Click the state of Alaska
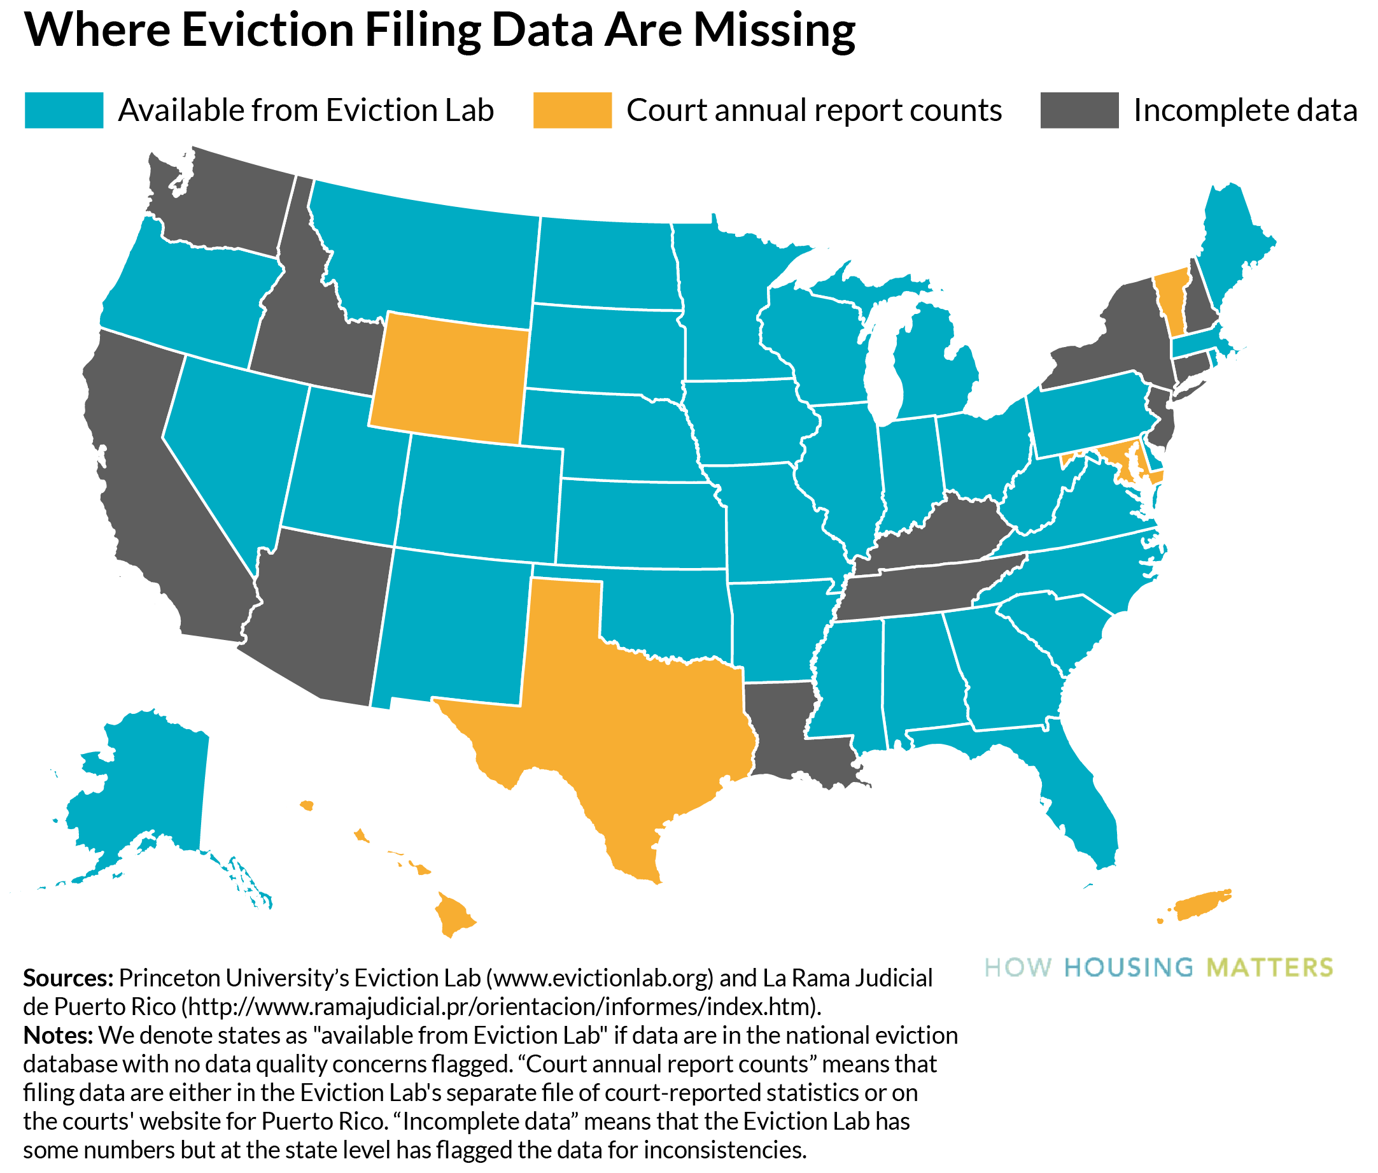tap(146, 785)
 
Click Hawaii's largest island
tap(454, 914)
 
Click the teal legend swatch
tap(64, 110)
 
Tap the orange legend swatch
tap(572, 110)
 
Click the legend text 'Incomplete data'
tap(1244, 110)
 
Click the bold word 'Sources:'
tap(68, 978)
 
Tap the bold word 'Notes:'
tap(58, 1035)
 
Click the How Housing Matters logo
tap(1158, 967)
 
